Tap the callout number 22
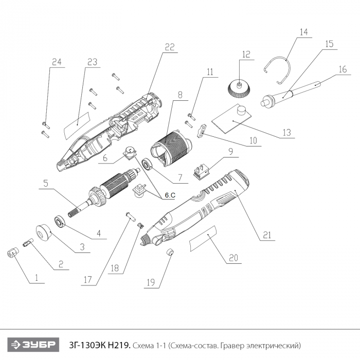pos(170,47)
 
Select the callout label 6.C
pos(170,196)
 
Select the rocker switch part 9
pos(202,170)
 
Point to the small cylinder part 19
pos(168,252)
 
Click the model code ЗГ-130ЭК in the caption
pos(100,344)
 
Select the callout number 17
pos(88,281)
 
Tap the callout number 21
pos(266,236)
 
